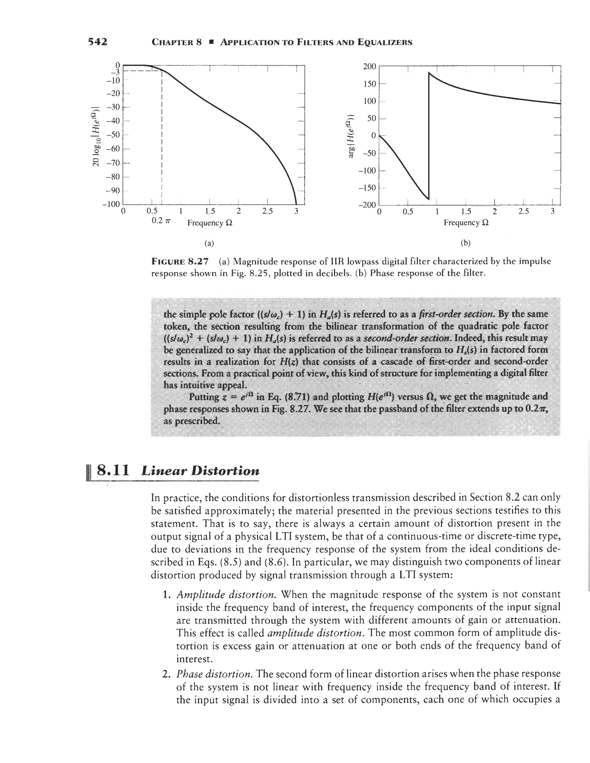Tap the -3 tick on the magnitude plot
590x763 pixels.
(115, 72)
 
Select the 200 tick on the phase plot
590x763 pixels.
(369, 66)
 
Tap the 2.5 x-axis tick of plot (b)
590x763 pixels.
(523, 212)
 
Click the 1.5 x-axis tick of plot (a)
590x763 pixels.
(209, 212)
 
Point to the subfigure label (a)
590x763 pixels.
(209, 243)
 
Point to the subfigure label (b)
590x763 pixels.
(466, 243)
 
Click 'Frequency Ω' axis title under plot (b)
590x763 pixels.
(466, 223)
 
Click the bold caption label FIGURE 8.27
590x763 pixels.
(180, 261)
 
